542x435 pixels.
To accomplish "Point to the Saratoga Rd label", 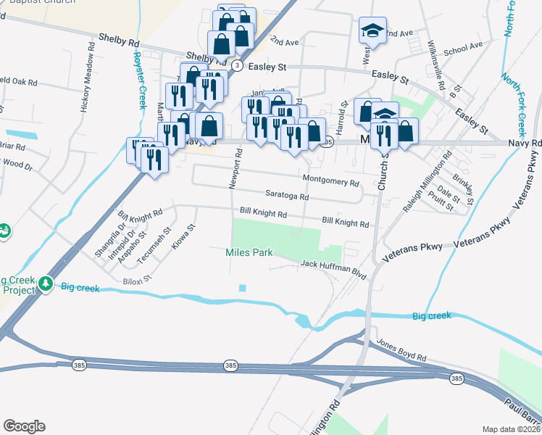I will pyautogui.click(x=287, y=196).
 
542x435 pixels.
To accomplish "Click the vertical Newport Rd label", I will pyautogui.click(x=233, y=171).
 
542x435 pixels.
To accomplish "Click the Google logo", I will pyautogui.click(x=24, y=426).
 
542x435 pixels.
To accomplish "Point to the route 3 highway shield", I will pyautogui.click(x=237, y=66).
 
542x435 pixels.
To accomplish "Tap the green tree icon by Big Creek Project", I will pyautogui.click(x=46, y=281).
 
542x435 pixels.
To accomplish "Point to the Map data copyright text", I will pyautogui.click(x=511, y=429).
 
